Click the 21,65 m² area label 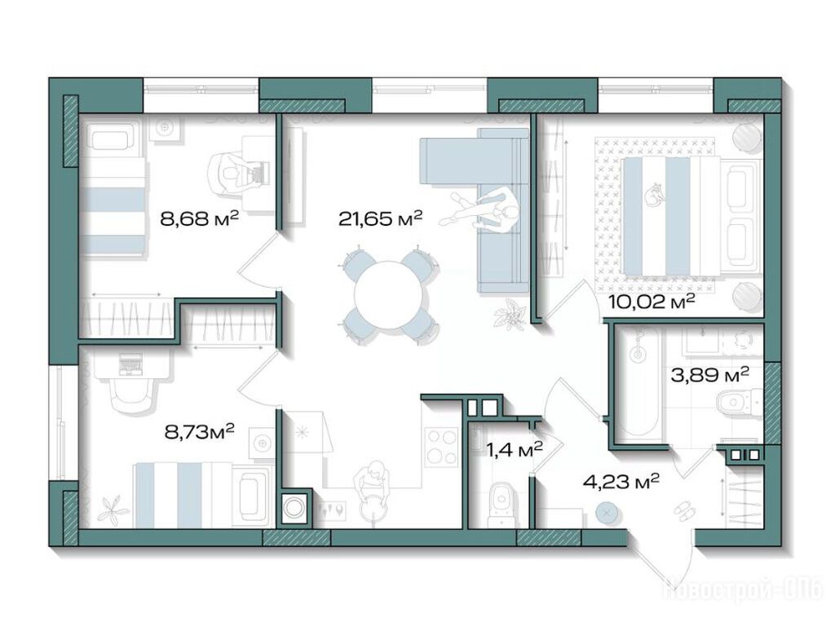380,218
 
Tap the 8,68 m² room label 199,218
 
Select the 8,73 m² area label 200,430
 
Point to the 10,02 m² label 652,302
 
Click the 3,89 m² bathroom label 710,375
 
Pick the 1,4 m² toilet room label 515,450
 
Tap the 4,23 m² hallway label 621,482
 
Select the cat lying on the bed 655,194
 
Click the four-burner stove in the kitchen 442,448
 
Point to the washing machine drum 293,507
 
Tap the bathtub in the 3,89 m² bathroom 638,386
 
